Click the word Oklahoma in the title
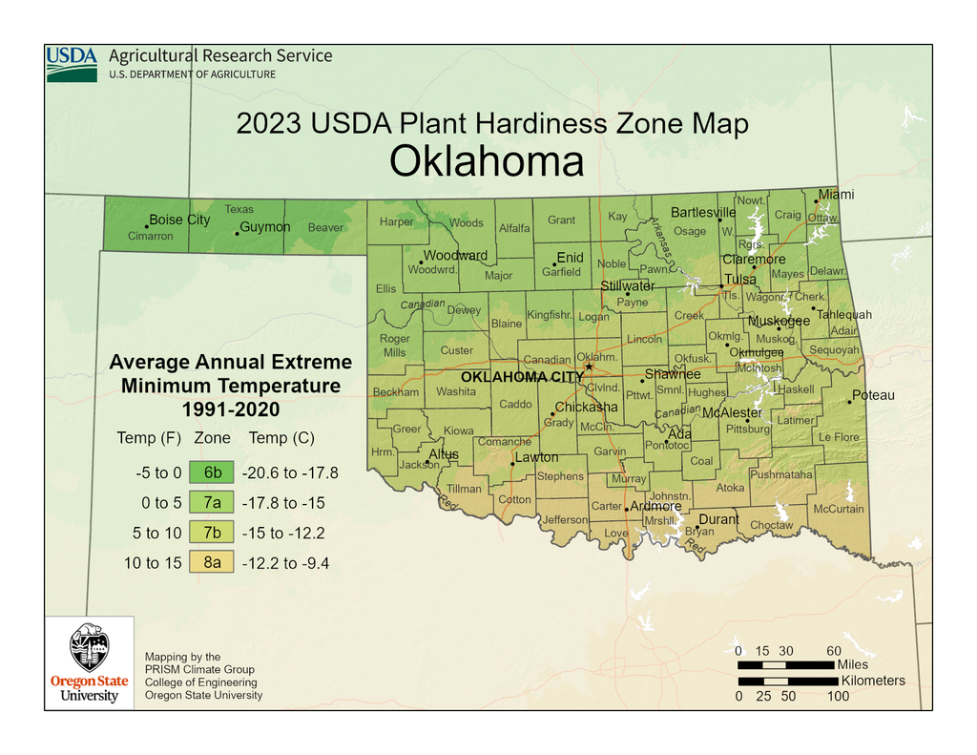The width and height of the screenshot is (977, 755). pos(487,161)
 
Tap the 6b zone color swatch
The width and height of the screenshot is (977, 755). pos(212,472)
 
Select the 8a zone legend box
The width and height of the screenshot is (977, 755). pos(212,562)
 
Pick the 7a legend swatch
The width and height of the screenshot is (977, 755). pos(212,502)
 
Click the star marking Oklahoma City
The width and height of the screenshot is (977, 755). pos(589,367)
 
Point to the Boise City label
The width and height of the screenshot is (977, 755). pos(179,220)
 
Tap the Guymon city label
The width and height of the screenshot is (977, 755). pos(264,227)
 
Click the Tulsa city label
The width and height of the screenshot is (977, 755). pos(740,280)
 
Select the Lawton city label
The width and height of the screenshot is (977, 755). pos(536,457)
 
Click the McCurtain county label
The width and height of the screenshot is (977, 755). pos(838,509)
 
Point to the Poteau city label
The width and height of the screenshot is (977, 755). pos(873,395)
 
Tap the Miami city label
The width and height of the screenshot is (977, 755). pos(836,195)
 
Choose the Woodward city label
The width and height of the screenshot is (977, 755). pos(455,256)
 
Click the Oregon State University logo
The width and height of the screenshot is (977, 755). pos(89,663)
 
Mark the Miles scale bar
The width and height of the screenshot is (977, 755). pos(785,663)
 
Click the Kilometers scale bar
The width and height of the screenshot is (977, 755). pos(787,682)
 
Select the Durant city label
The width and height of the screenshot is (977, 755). pos(718,519)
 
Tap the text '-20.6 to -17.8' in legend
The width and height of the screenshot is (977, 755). pos(290,472)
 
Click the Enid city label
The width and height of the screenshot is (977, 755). pos(570,258)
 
